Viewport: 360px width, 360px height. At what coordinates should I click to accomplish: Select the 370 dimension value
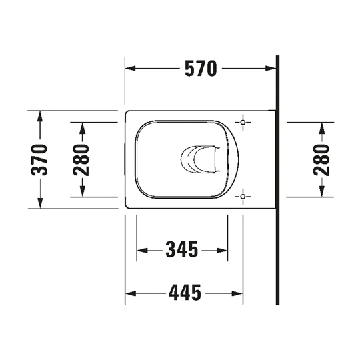(x=41, y=159)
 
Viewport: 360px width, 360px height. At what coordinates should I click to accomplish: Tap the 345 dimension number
(x=182, y=250)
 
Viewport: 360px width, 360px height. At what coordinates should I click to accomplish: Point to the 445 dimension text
(x=184, y=292)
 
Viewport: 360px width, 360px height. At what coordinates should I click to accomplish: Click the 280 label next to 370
(x=81, y=159)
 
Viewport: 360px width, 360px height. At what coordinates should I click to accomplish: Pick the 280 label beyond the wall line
(x=322, y=159)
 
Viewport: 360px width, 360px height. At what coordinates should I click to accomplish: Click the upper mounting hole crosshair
(x=244, y=123)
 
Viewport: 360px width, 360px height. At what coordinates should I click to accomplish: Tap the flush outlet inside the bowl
(x=199, y=159)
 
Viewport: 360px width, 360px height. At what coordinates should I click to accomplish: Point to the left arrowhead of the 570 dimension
(x=131, y=68)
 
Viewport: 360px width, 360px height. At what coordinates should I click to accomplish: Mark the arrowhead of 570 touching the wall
(x=271, y=68)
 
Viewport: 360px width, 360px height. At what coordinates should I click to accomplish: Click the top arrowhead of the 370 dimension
(x=41, y=115)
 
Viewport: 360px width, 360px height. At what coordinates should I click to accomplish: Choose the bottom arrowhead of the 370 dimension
(x=41, y=203)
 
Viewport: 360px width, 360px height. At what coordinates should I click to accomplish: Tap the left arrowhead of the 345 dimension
(x=141, y=250)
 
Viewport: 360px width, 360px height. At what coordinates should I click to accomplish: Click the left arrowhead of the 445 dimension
(x=131, y=292)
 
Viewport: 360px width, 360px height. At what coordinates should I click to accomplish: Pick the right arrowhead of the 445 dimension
(x=238, y=292)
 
